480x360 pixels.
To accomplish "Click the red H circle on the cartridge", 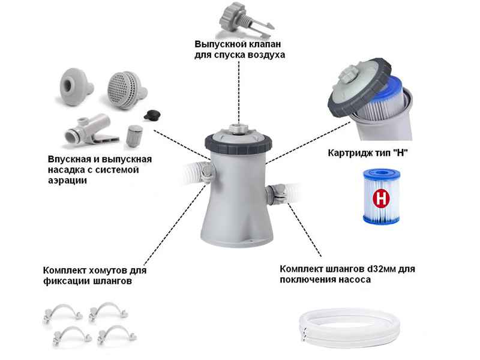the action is tap(380, 198).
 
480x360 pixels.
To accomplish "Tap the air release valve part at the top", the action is tap(245, 19).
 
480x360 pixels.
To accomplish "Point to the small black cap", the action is tap(152, 115).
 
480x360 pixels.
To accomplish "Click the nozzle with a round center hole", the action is tap(76, 86).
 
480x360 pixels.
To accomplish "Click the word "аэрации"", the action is tap(67, 181).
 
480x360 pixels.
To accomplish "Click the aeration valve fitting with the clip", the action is tap(91, 129).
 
